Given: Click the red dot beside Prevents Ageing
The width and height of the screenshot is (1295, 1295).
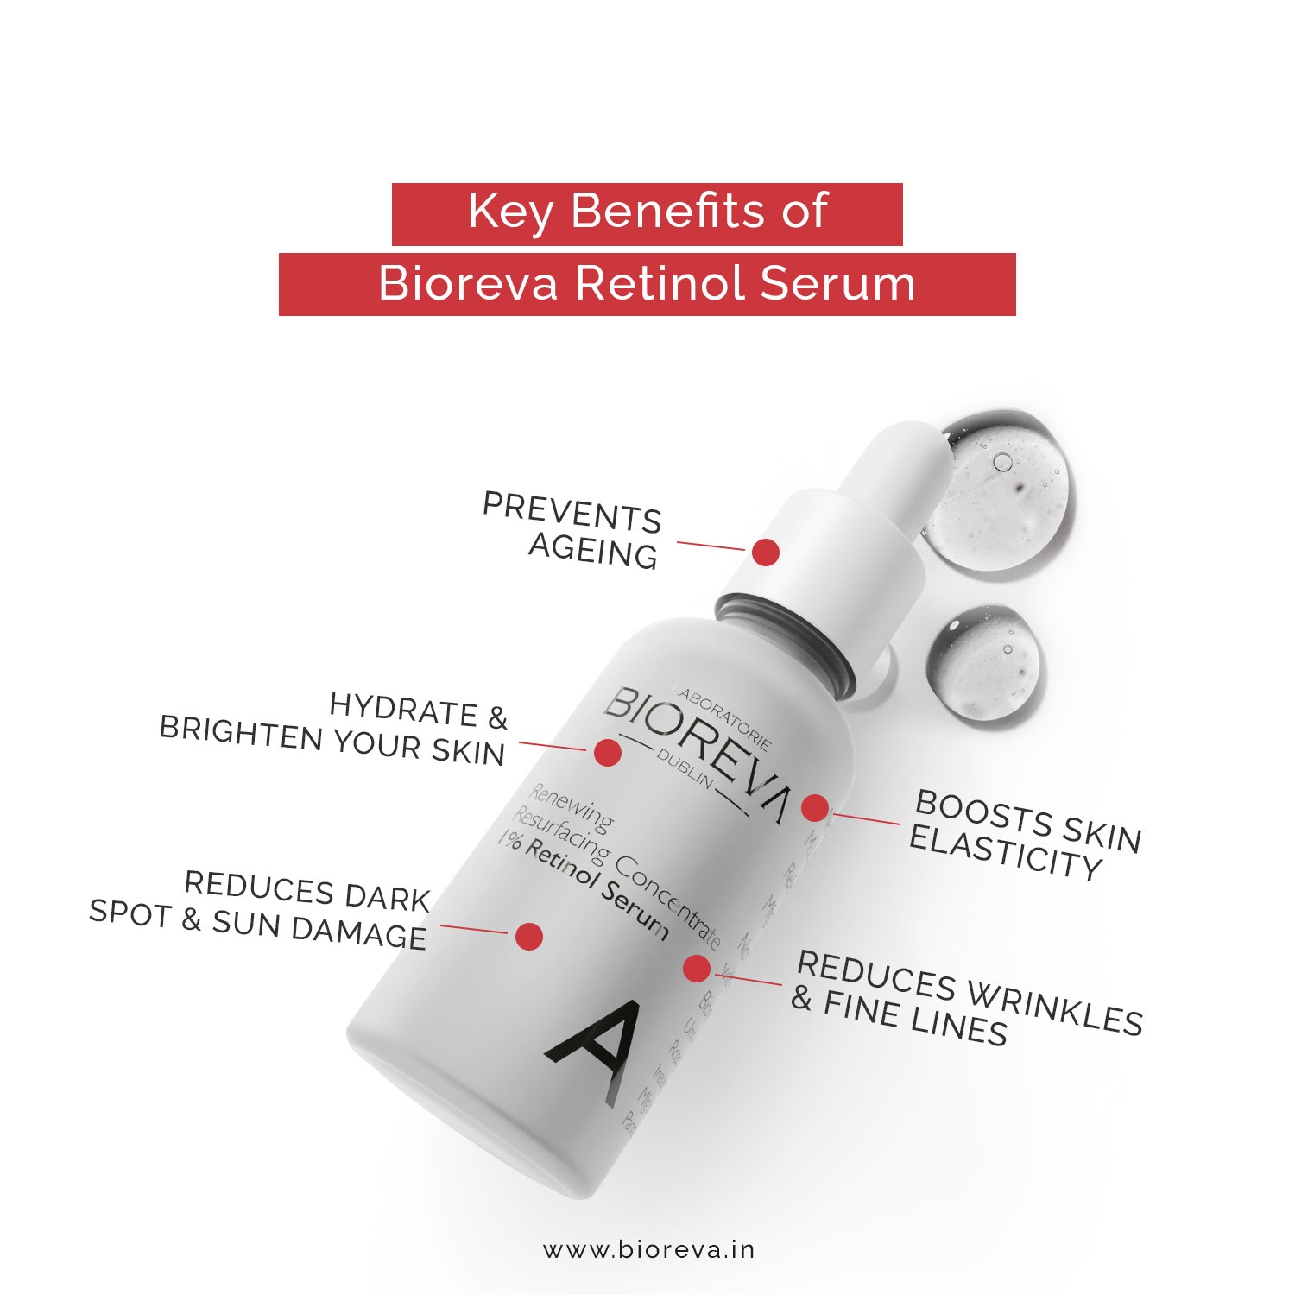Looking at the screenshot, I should (765, 553).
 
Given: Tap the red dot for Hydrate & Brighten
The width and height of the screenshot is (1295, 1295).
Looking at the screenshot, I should (608, 752).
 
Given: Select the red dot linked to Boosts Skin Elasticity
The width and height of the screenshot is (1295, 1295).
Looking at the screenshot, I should (814, 808).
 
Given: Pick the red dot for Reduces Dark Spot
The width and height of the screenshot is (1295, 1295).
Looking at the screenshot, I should (528, 937).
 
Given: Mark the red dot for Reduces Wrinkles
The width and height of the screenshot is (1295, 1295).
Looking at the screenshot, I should (696, 969).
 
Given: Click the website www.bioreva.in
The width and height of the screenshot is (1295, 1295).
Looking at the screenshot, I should (648, 1250).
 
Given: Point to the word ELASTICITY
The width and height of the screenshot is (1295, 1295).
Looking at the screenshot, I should (1006, 852).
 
